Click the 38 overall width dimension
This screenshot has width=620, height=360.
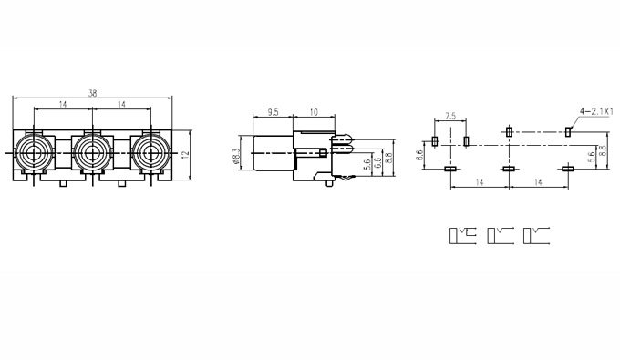click(92, 93)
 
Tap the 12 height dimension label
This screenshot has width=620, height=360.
click(185, 155)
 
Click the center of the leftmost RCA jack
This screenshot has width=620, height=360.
click(34, 152)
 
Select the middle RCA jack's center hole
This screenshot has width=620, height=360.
click(92, 152)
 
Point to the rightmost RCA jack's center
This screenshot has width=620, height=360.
click(150, 152)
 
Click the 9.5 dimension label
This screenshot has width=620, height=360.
click(273, 112)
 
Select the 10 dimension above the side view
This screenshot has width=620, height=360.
click(314, 112)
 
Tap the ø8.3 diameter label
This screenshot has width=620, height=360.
click(236, 155)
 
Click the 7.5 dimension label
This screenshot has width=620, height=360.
click(450, 116)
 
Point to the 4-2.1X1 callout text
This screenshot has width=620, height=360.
click(596, 111)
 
